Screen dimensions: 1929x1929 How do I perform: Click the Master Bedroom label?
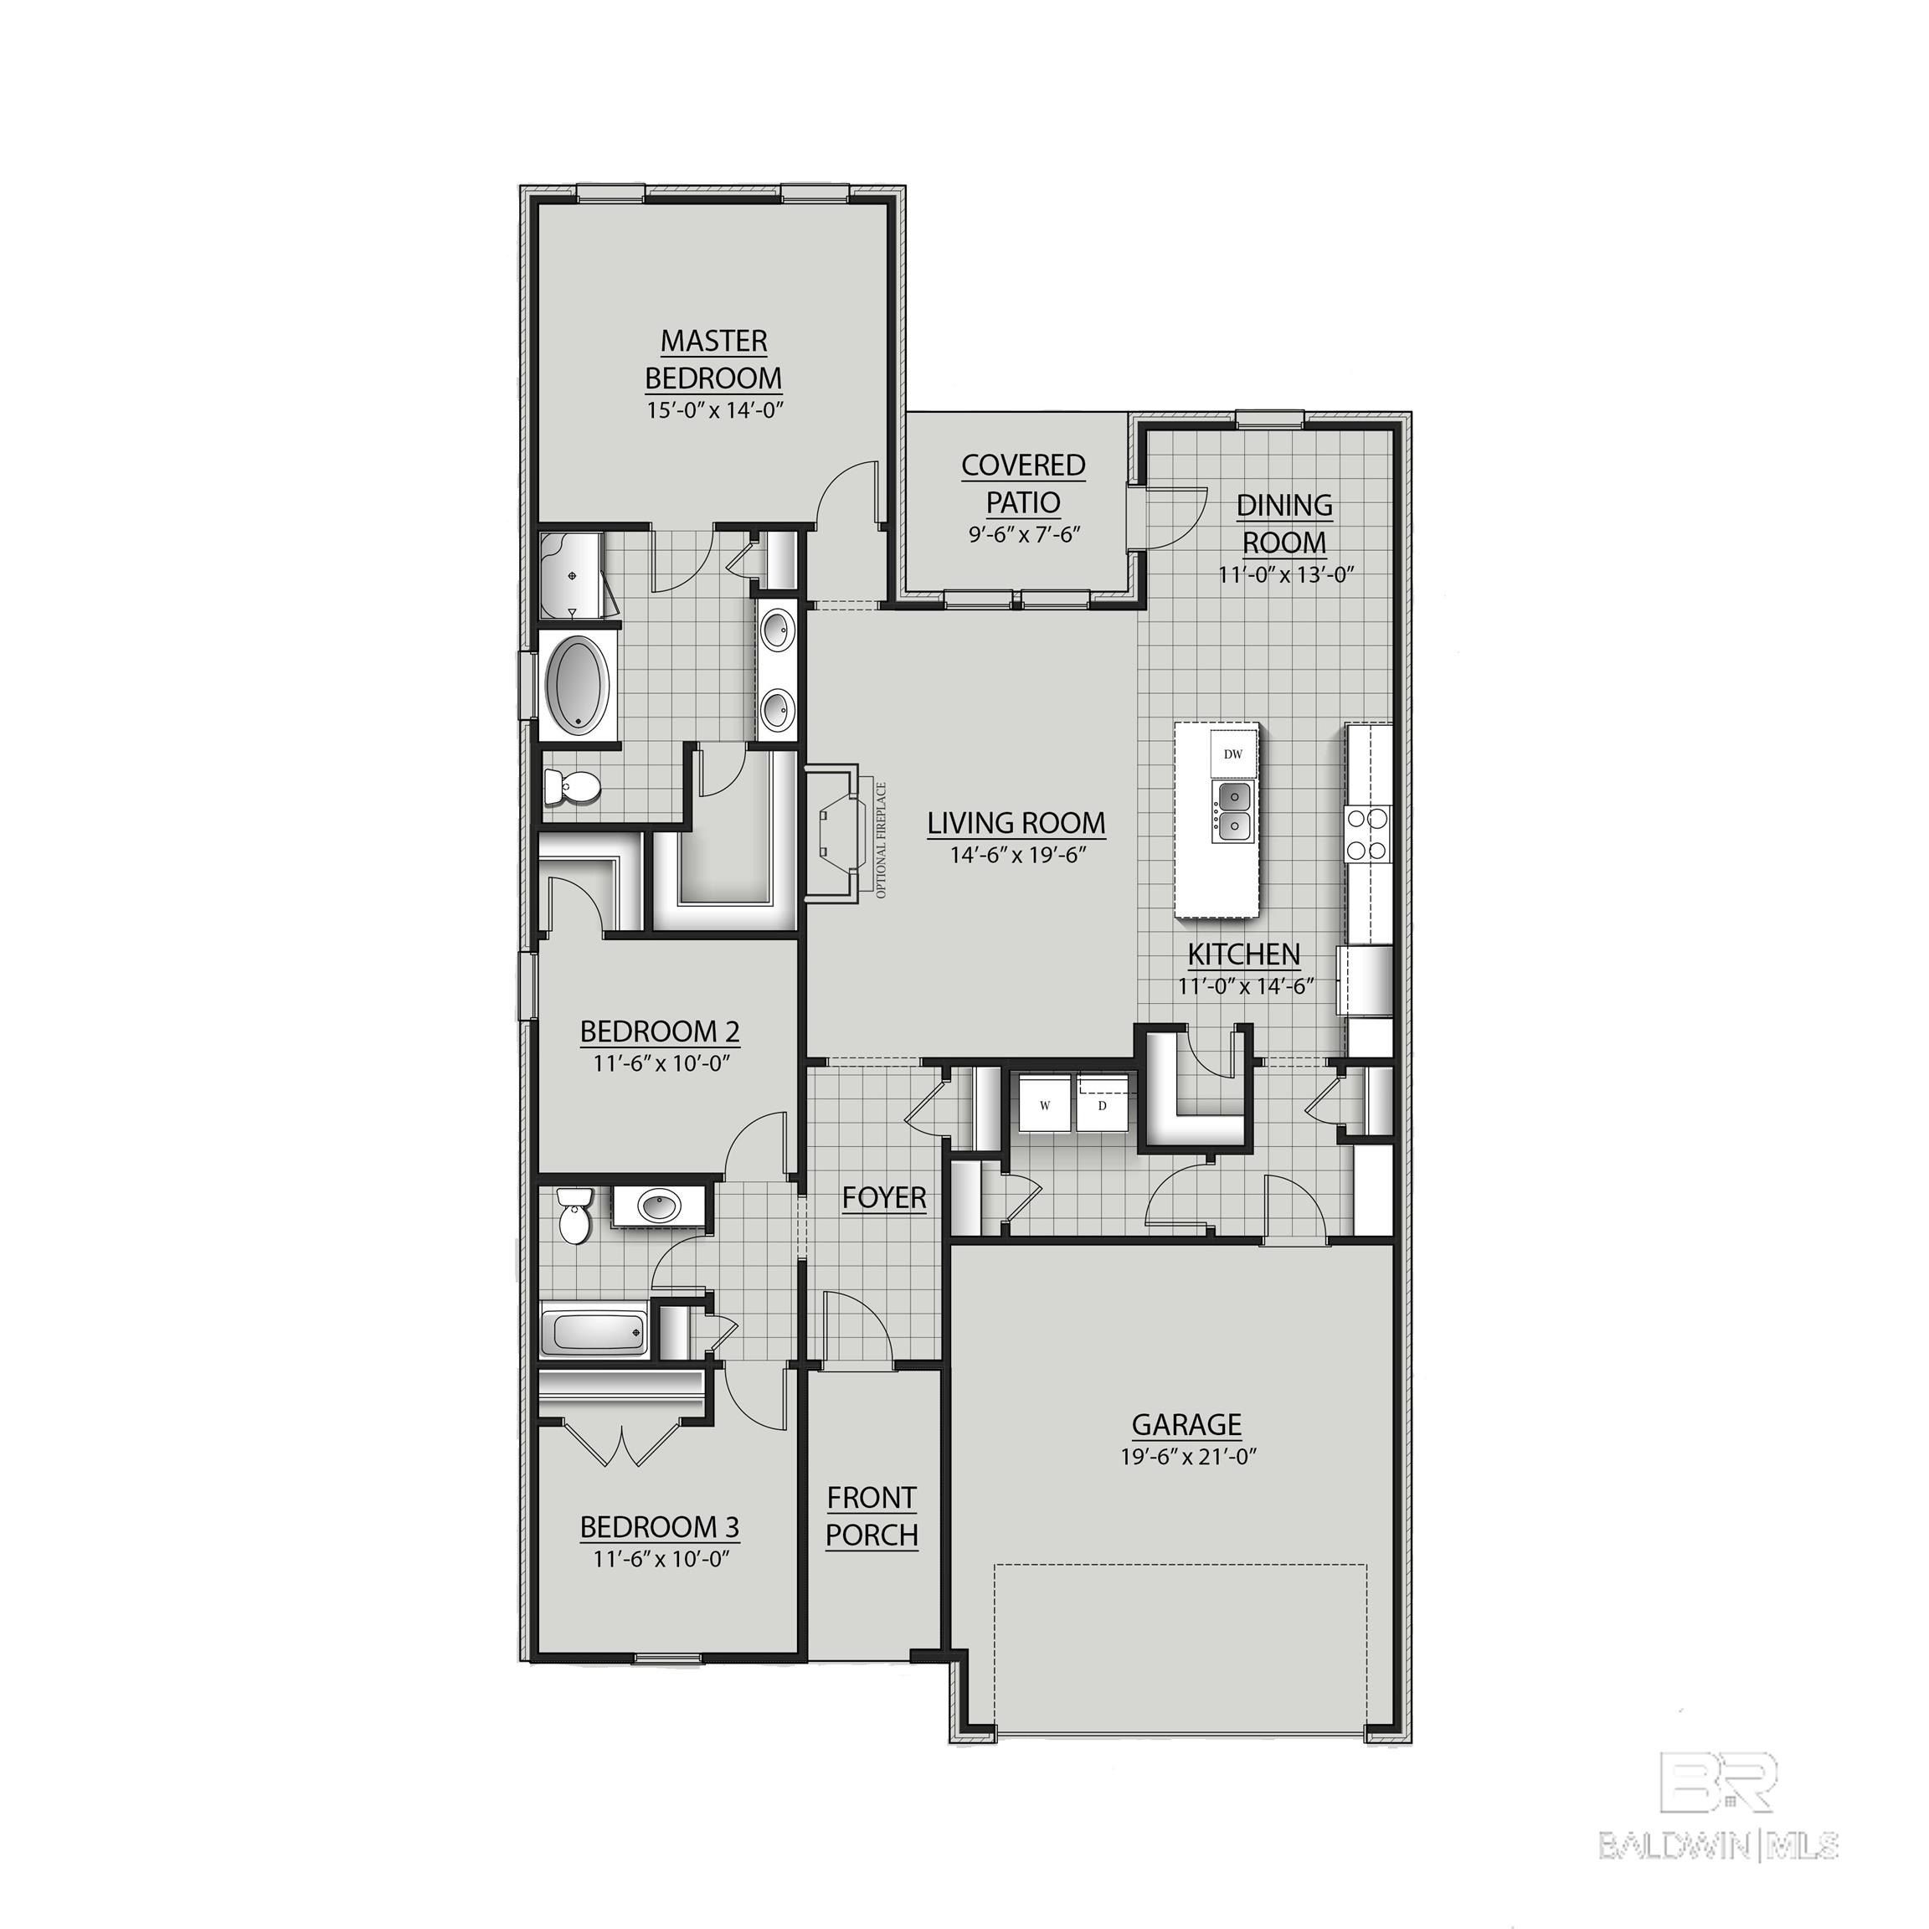click(712, 359)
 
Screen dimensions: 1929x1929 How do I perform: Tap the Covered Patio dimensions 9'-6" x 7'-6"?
click(1025, 534)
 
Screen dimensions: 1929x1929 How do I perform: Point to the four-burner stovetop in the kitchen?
click(1368, 833)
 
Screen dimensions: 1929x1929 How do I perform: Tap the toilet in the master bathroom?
click(571, 789)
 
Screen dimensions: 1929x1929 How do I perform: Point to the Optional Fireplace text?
click(881, 840)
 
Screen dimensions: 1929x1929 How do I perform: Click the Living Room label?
click(1016, 823)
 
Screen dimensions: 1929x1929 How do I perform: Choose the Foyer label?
click(883, 1197)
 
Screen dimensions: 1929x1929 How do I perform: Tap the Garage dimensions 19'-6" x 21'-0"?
click(1187, 1457)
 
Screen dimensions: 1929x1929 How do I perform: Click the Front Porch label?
click(872, 1515)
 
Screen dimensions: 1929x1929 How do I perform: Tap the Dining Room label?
click(1284, 523)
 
